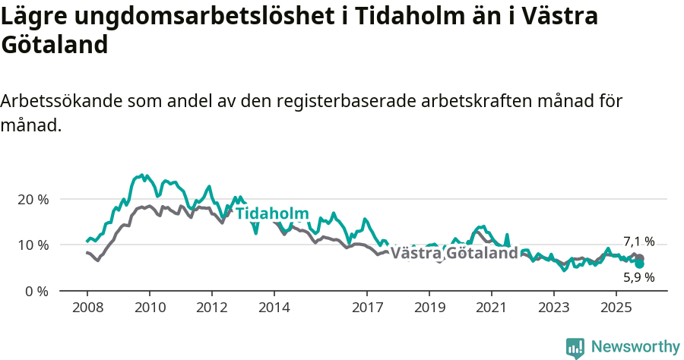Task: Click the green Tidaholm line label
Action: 272,213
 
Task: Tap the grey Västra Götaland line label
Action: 454,253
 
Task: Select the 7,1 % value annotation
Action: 638,242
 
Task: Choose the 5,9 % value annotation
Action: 638,277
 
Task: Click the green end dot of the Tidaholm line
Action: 640,264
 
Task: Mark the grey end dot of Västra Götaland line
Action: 640,258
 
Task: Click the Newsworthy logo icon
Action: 575,348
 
